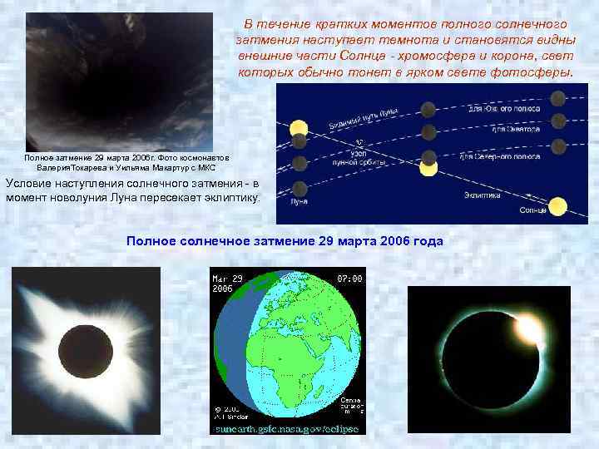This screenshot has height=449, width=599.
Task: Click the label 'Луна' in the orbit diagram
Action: coord(299,201)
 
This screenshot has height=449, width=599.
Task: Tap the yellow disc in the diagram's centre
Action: coord(428,168)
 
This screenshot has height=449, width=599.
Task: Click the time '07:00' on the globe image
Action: coord(349,278)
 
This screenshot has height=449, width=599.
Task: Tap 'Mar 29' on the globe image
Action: coord(226,278)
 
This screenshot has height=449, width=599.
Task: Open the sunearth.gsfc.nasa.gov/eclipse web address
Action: coord(287,429)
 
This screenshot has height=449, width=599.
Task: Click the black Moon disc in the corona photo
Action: coord(82,353)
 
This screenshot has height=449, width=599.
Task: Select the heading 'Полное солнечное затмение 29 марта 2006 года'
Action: coord(285,240)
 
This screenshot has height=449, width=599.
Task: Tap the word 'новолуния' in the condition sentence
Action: coord(92,197)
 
